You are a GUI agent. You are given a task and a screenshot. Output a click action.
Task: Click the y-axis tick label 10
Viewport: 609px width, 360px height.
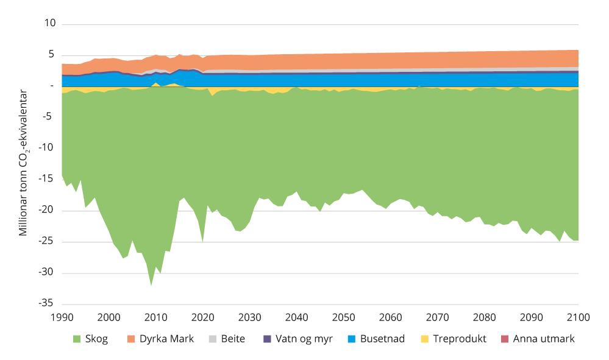[x=49, y=23]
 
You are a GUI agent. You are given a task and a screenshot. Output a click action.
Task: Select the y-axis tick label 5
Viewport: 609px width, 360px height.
[x=52, y=54]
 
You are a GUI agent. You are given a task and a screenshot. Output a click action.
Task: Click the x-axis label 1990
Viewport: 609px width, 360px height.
[x=62, y=317]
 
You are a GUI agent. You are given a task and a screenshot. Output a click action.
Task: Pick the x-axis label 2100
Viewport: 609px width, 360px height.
[x=578, y=317]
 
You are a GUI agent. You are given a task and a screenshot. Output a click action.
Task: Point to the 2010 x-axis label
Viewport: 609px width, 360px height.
[x=155, y=317]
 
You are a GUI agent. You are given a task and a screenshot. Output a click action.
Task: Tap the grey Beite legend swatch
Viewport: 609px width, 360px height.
[x=212, y=339]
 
